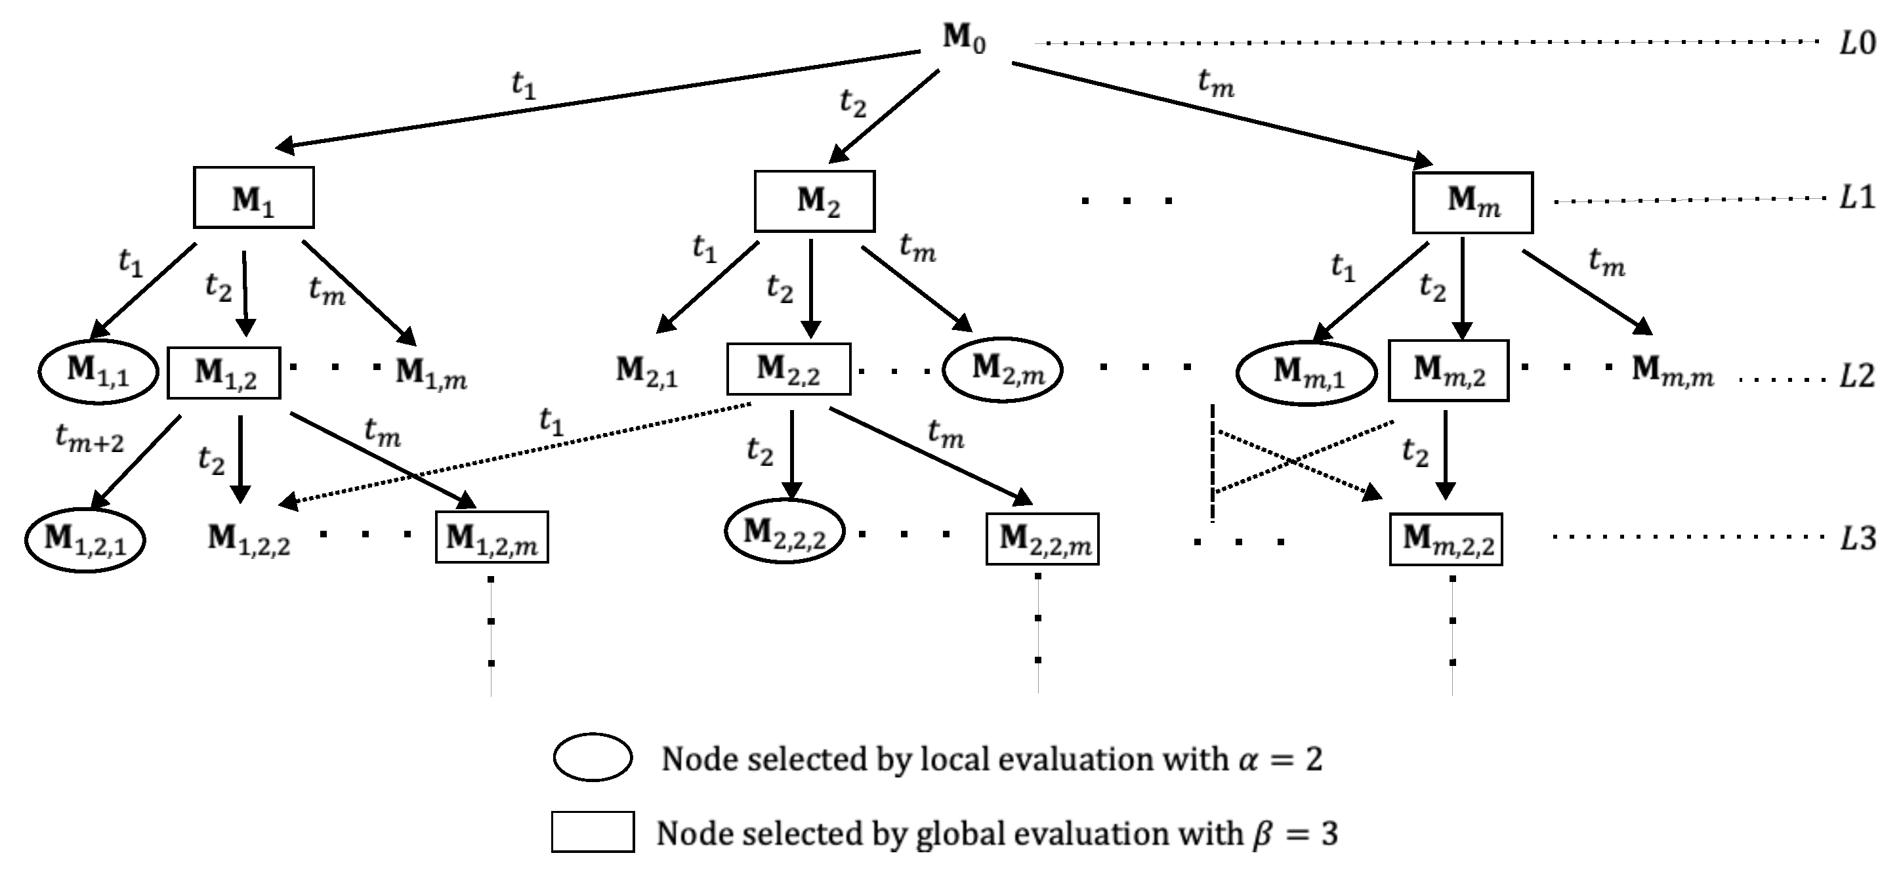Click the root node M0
964,38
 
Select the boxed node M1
253,197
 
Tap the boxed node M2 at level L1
814,201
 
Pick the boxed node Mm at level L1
1473,202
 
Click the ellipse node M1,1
98,371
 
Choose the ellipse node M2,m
1002,369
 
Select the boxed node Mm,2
1448,371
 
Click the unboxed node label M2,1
646,371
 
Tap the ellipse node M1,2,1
85,540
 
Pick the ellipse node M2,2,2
783,532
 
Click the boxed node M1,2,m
491,538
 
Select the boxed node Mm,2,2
1446,539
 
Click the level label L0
1857,44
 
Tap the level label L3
1857,539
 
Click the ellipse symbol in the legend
593,757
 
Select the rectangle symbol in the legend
593,833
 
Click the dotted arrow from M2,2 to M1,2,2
516,454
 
